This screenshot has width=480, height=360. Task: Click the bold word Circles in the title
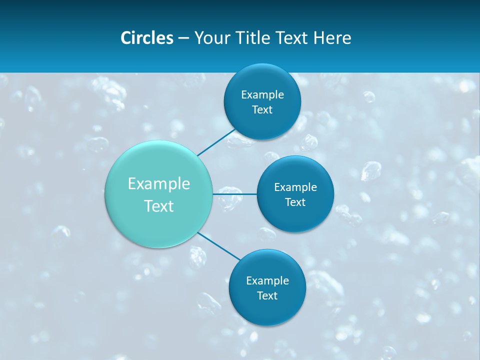point(147,38)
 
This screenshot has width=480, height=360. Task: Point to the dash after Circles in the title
point(183,38)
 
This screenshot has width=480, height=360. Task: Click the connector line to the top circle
point(216,142)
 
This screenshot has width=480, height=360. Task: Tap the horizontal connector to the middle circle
point(235,194)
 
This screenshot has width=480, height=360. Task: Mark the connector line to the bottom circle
point(219,246)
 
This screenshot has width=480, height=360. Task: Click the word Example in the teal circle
point(159,184)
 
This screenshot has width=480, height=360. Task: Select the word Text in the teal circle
point(159,206)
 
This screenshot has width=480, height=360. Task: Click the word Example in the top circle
point(262,94)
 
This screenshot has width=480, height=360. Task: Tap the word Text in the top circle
point(262,109)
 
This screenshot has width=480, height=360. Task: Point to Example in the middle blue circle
point(295,187)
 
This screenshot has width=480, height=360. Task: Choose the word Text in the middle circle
point(295,202)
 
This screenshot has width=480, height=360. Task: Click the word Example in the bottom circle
point(267,280)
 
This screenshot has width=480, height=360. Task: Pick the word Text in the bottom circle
point(267,295)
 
